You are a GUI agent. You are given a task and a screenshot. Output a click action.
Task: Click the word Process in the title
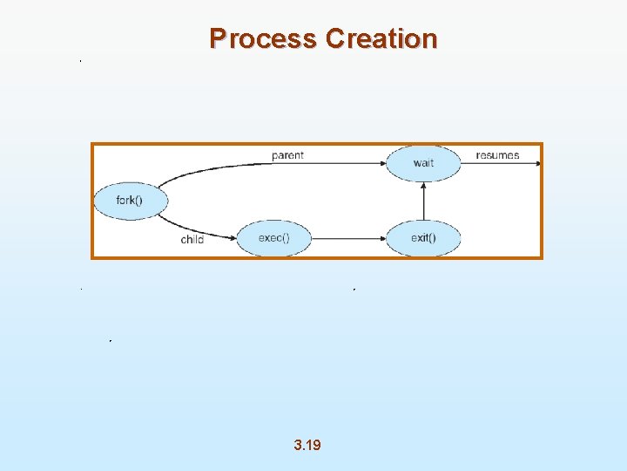[x=264, y=39]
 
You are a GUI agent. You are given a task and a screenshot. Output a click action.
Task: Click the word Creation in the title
[x=381, y=39]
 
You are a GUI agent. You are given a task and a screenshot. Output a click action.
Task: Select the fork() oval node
[x=129, y=201]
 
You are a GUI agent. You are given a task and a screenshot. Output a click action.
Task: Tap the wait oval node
[x=423, y=163]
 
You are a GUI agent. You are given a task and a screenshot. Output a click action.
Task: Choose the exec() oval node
[x=273, y=238]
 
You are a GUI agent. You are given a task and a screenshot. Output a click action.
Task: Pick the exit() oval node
[x=423, y=238]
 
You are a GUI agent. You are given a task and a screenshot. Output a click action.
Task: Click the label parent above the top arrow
[x=287, y=155]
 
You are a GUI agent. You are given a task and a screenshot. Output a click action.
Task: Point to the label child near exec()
[x=192, y=239]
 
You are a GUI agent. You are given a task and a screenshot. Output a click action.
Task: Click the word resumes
[x=497, y=155]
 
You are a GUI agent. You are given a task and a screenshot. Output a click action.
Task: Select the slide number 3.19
[x=307, y=445]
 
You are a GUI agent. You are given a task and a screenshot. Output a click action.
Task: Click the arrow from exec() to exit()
[x=348, y=238]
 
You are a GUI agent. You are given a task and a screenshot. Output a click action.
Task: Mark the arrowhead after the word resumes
[x=537, y=163]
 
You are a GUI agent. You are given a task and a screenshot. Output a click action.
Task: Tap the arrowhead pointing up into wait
[x=423, y=186]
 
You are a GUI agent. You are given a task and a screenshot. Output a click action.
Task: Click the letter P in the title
[x=218, y=39]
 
